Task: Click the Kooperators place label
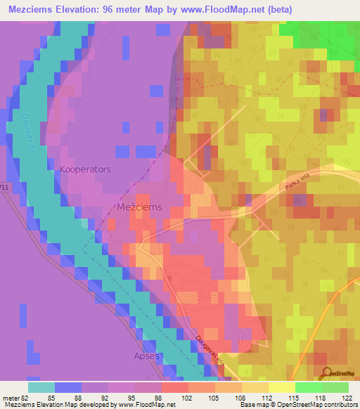click(86, 169)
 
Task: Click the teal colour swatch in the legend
click(41, 387)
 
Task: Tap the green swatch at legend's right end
click(335, 387)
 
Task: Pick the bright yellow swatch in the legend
click(281, 387)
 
